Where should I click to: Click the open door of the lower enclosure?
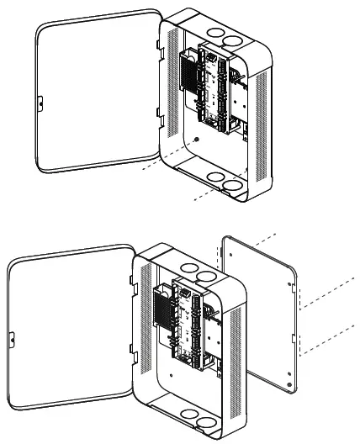(x=67, y=336)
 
